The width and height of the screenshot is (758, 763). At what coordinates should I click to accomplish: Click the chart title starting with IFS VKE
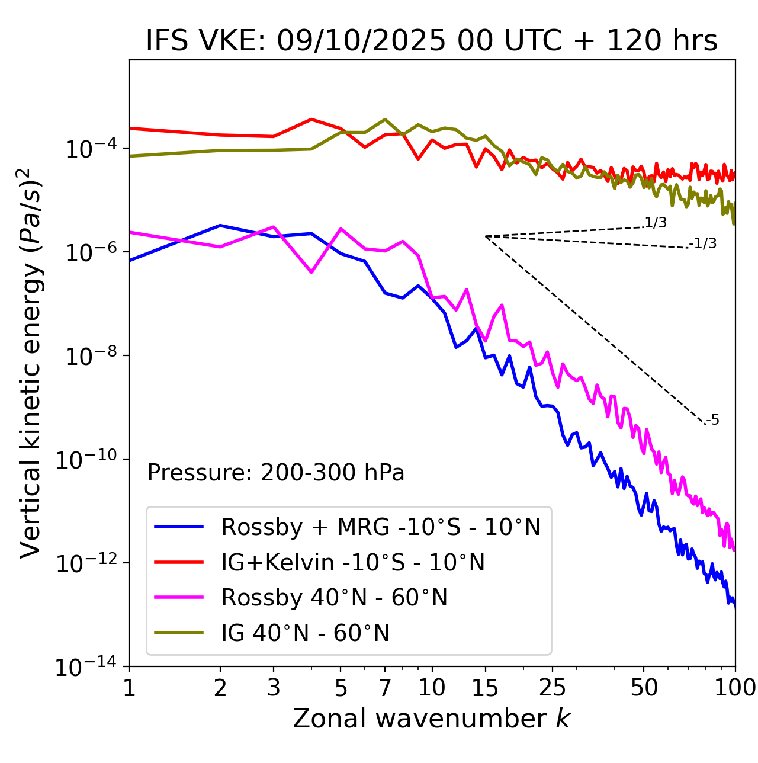click(432, 41)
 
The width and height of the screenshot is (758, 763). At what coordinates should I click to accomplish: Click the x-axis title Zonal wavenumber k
click(432, 719)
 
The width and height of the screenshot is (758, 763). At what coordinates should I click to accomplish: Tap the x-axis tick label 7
click(385, 688)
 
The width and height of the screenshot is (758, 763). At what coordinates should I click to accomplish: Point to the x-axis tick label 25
click(552, 688)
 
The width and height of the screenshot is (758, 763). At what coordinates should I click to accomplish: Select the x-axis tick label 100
click(734, 688)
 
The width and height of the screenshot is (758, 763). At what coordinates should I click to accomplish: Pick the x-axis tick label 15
click(485, 688)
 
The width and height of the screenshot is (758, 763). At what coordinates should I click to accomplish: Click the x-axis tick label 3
click(274, 688)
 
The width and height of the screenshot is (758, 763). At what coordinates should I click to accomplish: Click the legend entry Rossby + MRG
click(381, 527)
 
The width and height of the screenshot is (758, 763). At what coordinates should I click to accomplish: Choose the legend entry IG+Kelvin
click(353, 562)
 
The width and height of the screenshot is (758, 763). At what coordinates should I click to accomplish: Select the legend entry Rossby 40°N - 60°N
click(334, 598)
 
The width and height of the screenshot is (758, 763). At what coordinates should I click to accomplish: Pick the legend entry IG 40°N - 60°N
click(305, 633)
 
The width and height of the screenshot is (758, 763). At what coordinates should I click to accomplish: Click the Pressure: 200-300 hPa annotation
click(276, 473)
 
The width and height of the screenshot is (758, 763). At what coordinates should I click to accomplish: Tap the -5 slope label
click(713, 420)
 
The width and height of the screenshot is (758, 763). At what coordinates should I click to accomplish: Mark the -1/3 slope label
click(703, 243)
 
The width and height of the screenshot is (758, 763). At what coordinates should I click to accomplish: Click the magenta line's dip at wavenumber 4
click(311, 272)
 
